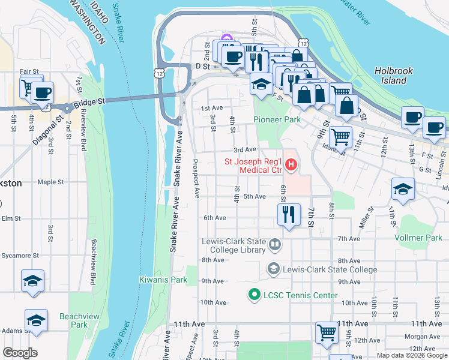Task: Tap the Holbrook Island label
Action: (x=394, y=75)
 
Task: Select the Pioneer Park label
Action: (x=277, y=119)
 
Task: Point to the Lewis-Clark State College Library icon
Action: (x=274, y=244)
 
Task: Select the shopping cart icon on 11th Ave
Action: (x=327, y=331)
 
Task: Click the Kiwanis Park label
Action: (x=155, y=280)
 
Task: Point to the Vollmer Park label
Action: (x=418, y=238)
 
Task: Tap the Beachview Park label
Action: (x=74, y=320)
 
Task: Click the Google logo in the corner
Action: (x=20, y=353)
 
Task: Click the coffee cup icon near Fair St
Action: (x=42, y=92)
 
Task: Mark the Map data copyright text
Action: (x=411, y=355)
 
